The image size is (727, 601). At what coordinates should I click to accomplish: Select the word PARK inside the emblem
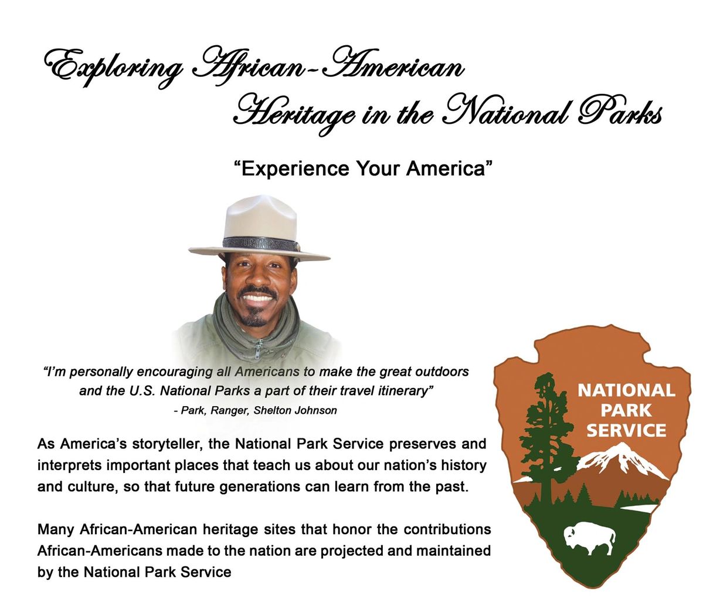[626, 410]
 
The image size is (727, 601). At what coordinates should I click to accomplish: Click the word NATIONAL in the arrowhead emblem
[626, 390]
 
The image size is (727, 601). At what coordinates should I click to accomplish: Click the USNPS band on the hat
[261, 243]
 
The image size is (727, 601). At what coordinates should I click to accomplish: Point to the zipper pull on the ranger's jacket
[257, 350]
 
